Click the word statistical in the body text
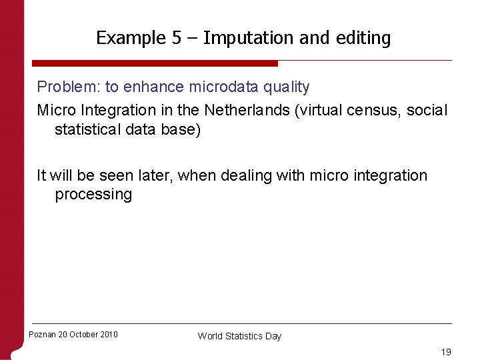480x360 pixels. [90, 129]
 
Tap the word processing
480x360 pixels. [93, 195]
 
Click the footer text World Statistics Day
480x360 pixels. [239, 336]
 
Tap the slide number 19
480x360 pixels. [446, 351]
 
